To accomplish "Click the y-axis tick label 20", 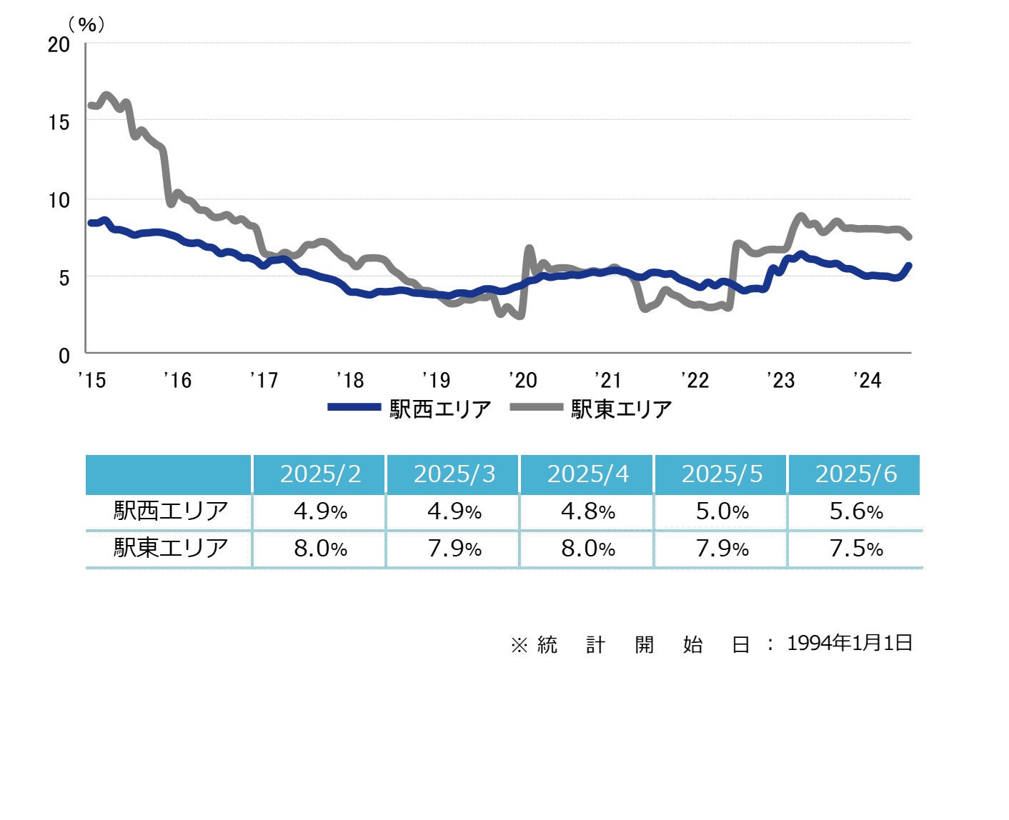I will (x=59, y=44).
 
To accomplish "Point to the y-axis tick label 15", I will (x=59, y=122).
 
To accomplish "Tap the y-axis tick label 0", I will (x=64, y=355).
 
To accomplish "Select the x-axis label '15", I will (x=92, y=380).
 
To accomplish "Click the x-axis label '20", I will (x=523, y=380).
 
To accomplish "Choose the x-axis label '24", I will (x=868, y=380).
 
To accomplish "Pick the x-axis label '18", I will (x=350, y=380).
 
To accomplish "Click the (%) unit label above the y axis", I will (x=86, y=25).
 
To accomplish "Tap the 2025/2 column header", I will (x=320, y=474).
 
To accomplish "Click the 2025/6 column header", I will (x=855, y=474).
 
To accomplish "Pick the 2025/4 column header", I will (x=588, y=474).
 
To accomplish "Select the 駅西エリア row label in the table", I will (x=171, y=511).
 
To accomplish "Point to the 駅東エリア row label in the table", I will (x=171, y=548).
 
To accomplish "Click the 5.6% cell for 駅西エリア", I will (x=855, y=511).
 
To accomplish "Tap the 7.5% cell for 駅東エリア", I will (x=855, y=549).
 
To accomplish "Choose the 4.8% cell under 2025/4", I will (x=588, y=511).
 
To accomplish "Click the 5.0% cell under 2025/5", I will (x=722, y=511).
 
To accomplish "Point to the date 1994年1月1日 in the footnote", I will (x=850, y=643).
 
